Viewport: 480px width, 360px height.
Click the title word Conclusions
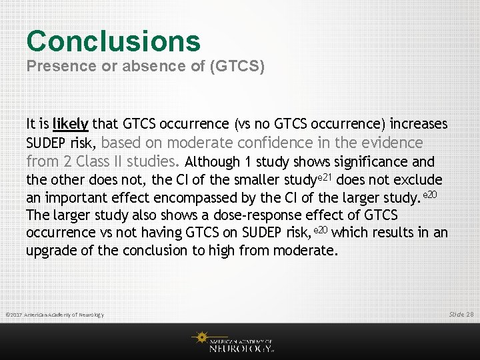(x=113, y=41)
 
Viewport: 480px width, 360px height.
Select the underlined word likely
(x=71, y=124)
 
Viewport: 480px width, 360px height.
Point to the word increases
(x=419, y=124)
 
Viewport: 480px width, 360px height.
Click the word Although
(x=211, y=162)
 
